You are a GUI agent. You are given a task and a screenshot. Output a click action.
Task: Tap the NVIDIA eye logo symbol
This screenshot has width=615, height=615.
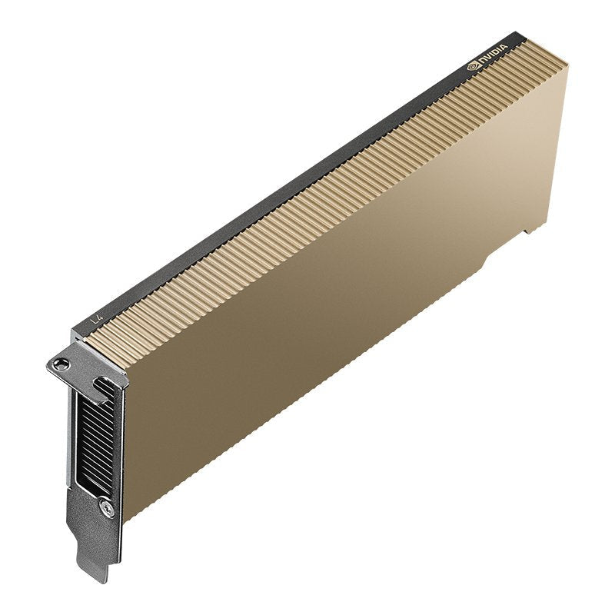473,68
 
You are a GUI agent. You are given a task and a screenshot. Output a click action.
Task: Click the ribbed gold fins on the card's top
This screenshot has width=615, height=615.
307,192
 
